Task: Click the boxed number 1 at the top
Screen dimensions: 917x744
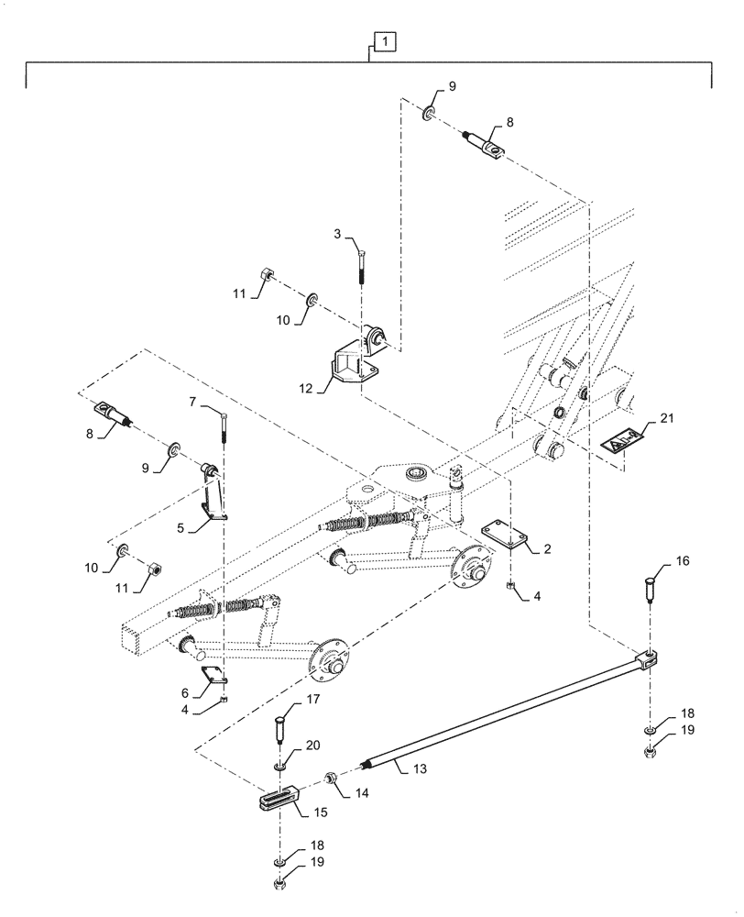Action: pyautogui.click(x=386, y=41)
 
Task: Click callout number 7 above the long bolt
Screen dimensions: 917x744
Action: pyautogui.click(x=192, y=402)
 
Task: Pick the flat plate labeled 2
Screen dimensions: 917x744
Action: pyautogui.click(x=501, y=535)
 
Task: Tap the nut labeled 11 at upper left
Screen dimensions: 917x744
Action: pyautogui.click(x=265, y=273)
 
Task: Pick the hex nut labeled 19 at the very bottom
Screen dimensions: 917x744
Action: pyautogui.click(x=279, y=884)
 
